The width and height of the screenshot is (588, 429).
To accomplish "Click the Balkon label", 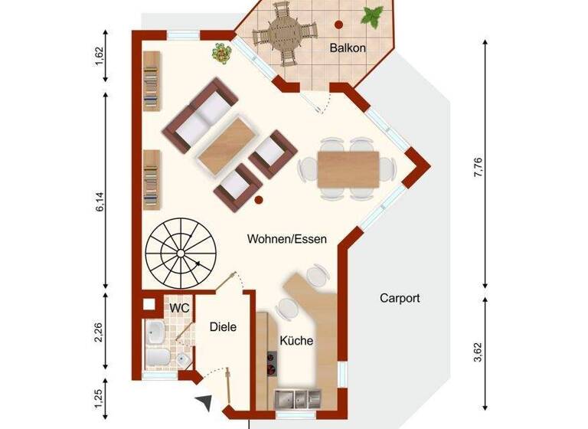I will pos(348,48).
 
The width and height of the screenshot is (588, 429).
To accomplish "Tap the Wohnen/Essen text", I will pos(287,239).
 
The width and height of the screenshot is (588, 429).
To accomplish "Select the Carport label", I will pos(400,298).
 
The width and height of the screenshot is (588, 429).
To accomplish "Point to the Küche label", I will pos(296,341).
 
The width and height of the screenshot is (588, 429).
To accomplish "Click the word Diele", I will pos(223,326).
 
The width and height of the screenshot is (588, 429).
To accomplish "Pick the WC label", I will pos(178,307).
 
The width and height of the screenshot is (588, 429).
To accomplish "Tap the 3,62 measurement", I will pos(479,351).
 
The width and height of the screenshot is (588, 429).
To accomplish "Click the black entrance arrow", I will pos(204,402).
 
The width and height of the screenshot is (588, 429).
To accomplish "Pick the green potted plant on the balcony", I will pos(373,15).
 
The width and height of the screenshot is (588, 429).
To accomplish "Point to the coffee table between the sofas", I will pos(226,144).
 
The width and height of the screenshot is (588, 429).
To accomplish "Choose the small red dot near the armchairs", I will pos(259,201).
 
